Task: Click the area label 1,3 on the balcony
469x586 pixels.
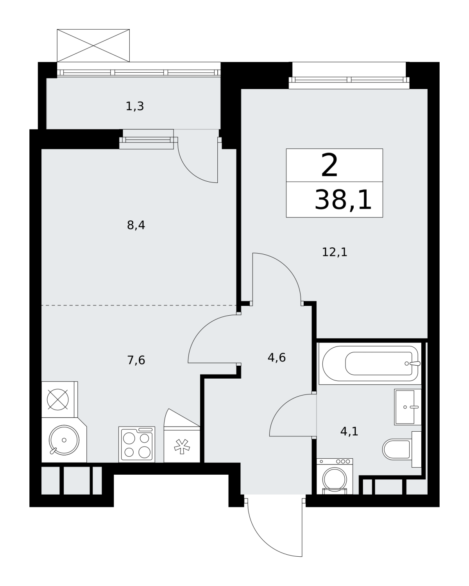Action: click(x=134, y=106)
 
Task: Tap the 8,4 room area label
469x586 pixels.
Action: click(x=136, y=225)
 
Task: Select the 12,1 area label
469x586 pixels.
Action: click(x=335, y=252)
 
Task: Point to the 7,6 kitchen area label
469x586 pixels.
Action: click(x=136, y=360)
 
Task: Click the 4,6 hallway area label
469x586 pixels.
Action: click(x=277, y=357)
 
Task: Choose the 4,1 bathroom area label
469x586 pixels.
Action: click(x=349, y=431)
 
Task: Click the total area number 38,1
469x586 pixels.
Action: click(x=343, y=200)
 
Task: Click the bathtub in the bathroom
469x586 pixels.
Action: click(x=370, y=364)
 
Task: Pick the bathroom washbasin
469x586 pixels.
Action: click(x=408, y=407)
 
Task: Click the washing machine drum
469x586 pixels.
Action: click(x=335, y=480)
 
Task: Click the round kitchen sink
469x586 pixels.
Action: click(x=64, y=440)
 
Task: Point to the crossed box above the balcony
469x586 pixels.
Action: click(x=93, y=45)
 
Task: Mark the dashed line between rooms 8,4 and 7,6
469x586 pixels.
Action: click(x=139, y=306)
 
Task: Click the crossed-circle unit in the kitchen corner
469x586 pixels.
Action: click(x=58, y=400)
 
